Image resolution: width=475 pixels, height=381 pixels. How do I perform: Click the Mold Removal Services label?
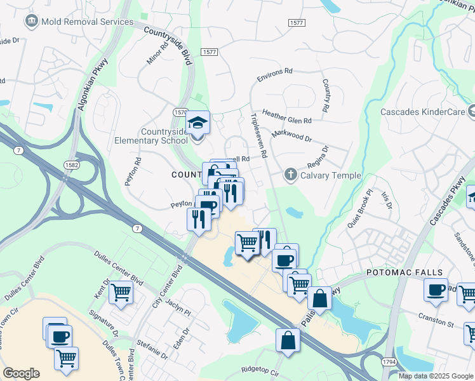[x=87, y=22]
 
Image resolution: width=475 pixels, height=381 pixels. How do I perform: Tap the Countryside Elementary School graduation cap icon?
[x=197, y=122]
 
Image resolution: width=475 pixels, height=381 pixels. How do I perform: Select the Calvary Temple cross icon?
[x=290, y=175]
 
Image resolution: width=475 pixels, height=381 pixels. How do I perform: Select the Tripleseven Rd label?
[x=259, y=136]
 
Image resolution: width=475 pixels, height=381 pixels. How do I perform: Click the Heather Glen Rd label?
[x=286, y=116]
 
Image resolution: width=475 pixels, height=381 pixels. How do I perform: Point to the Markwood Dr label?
[x=291, y=136]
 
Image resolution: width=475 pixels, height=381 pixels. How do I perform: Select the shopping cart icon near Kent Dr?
[x=120, y=292]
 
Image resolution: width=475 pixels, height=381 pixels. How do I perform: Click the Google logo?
[x=21, y=373]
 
